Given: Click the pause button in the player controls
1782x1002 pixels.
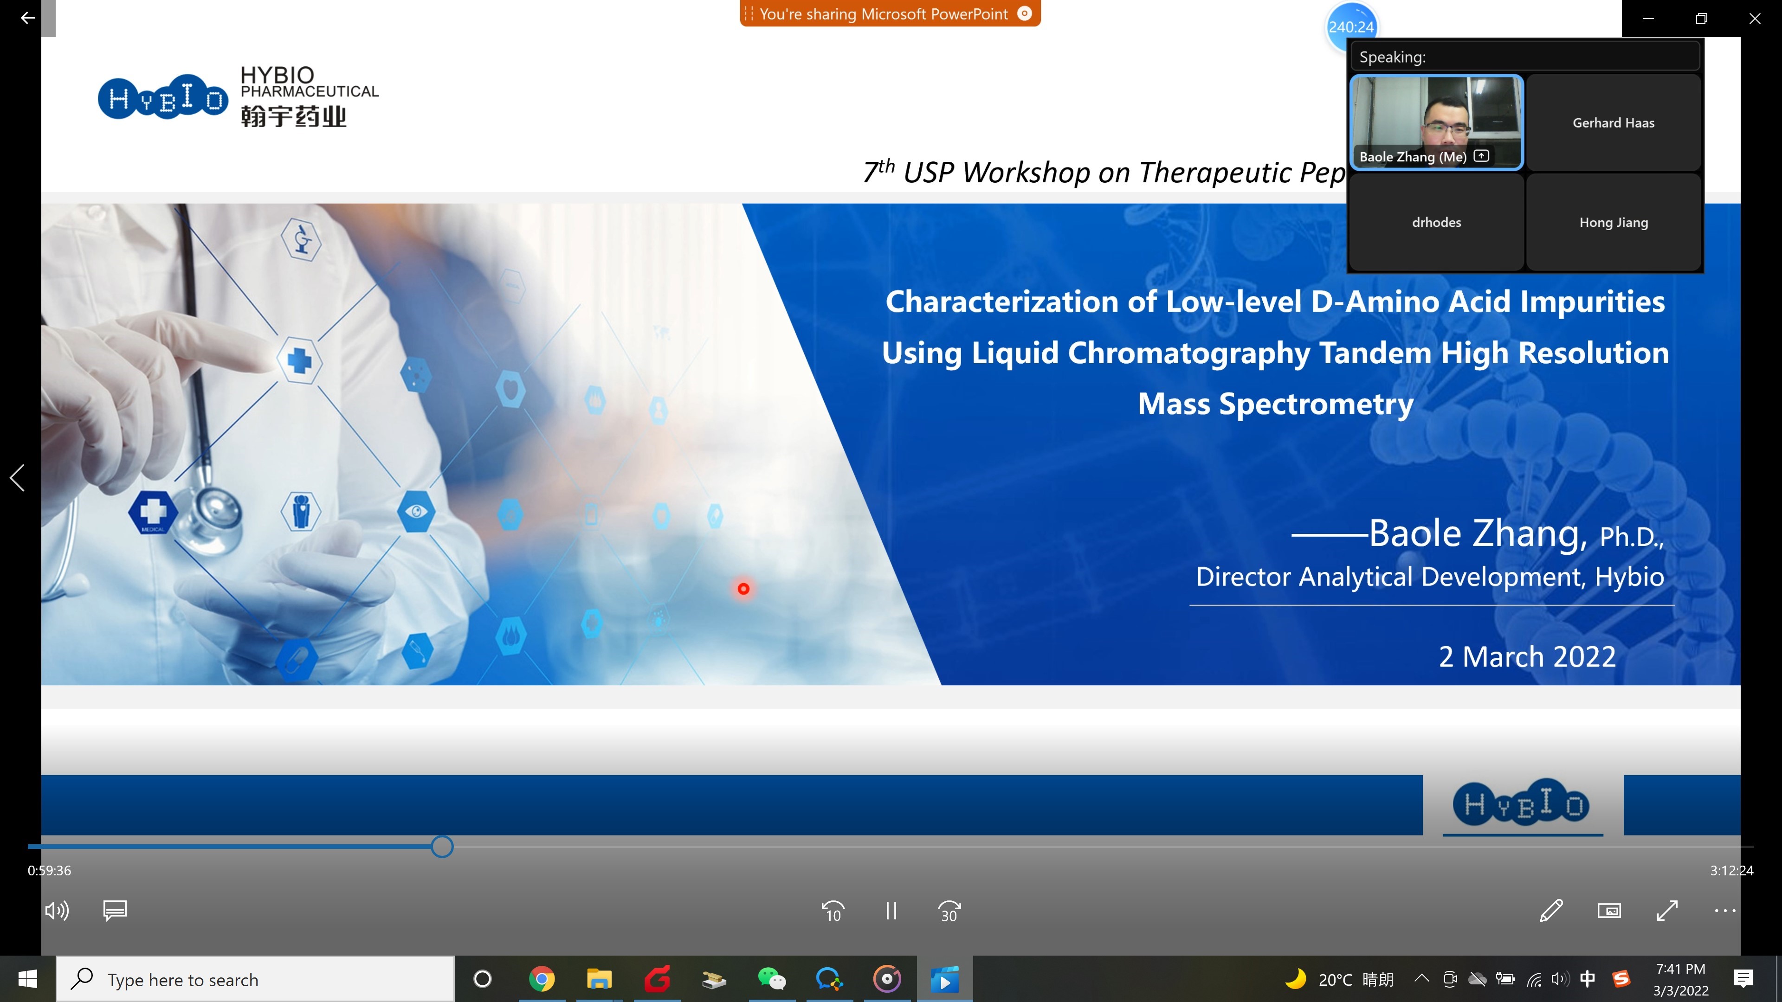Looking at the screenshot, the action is pos(891,911).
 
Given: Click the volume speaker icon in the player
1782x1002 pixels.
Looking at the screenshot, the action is pos(57,911).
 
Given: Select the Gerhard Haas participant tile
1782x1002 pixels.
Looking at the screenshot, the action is pos(1613,122).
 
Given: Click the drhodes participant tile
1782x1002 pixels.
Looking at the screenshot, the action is pos(1436,222).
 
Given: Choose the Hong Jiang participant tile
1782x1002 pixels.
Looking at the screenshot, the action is pos(1613,222).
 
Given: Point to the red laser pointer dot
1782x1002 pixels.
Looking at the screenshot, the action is pos(743,589).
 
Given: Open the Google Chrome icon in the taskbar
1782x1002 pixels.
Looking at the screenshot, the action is pos(542,979).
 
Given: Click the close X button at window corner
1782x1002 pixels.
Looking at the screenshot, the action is pos(1754,19).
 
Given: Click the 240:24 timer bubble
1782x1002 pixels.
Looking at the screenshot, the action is pos(1351,27).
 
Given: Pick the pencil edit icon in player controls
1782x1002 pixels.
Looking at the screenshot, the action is pos(1551,911).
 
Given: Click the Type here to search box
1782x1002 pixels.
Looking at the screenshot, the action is pos(255,979).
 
